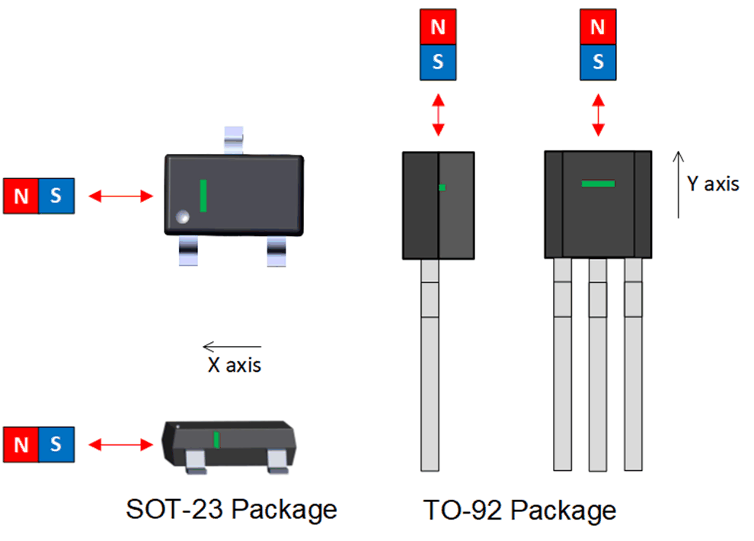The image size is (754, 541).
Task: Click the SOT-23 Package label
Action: click(x=231, y=509)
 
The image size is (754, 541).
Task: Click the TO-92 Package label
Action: click(x=520, y=509)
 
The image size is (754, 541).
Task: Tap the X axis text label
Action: click(x=235, y=365)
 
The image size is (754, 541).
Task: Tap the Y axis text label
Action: click(x=713, y=184)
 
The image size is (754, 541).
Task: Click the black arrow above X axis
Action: click(x=232, y=347)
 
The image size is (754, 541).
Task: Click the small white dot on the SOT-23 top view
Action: click(x=182, y=217)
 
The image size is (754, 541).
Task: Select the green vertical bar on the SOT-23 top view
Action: click(x=203, y=196)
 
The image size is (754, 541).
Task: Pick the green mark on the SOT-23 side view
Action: click(x=216, y=440)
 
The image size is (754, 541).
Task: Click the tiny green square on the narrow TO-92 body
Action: click(x=442, y=187)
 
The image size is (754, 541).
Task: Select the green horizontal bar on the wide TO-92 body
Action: click(x=598, y=184)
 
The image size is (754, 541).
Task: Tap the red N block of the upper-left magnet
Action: click(x=21, y=196)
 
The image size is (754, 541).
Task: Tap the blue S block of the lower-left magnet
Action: click(x=56, y=444)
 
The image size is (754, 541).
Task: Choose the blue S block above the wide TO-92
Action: click(x=598, y=62)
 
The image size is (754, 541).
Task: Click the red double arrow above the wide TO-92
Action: click(x=598, y=115)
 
